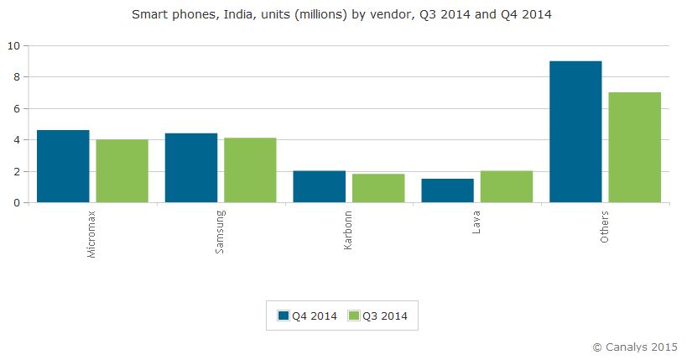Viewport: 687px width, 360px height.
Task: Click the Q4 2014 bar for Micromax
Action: pos(63,166)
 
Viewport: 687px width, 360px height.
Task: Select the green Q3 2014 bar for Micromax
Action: pos(122,170)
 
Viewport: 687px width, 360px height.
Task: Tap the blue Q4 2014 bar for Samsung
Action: pos(191,168)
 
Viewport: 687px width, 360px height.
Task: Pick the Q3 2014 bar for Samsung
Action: pos(250,170)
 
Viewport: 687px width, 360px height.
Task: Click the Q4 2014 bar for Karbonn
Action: pos(319,186)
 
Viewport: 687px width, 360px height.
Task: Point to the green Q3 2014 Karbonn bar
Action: pos(378,188)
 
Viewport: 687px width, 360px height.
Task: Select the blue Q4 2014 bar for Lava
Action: pos(447,190)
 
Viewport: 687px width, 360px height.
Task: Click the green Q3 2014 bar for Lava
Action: pos(507,186)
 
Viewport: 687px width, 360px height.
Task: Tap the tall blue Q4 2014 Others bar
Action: pos(575,132)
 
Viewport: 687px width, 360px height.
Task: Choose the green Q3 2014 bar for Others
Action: pos(635,147)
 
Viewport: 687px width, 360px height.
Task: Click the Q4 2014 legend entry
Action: pos(308,316)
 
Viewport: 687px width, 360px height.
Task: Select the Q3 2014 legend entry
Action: pos(377,316)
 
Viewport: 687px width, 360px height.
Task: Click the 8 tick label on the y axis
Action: pos(15,77)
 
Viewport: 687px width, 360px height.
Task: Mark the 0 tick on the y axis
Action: pos(15,203)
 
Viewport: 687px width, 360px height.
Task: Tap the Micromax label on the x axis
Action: pos(91,234)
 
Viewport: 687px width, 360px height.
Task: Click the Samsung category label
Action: pos(220,232)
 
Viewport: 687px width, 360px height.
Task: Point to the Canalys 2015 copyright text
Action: pos(634,346)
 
